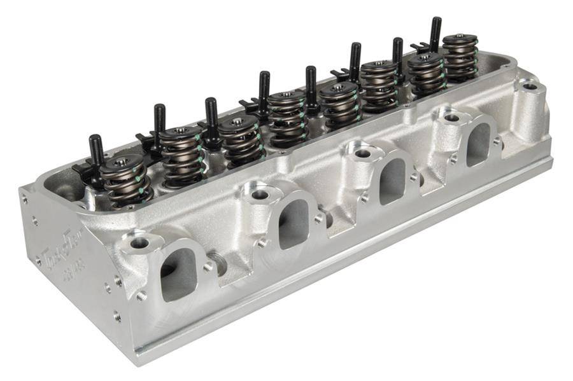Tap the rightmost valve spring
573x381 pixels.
(x=460, y=57)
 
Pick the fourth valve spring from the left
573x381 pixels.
(x=285, y=117)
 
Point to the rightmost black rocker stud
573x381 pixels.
(x=435, y=34)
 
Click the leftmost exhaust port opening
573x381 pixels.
(x=178, y=274)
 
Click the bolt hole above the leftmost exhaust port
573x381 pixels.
(x=139, y=242)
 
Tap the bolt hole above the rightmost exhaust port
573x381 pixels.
(x=451, y=118)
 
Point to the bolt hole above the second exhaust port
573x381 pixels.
(x=258, y=193)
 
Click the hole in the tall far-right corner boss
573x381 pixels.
(x=530, y=86)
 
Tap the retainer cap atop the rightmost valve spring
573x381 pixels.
(x=460, y=39)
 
